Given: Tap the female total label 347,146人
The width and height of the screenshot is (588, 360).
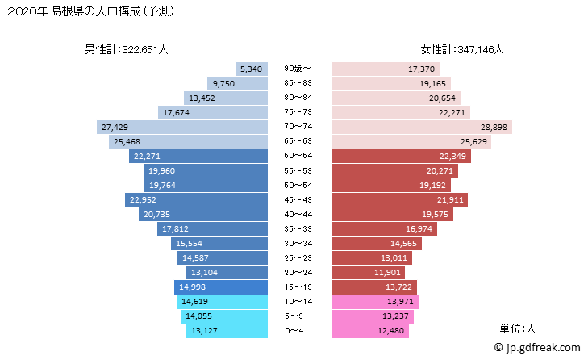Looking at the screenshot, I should pos(462,49).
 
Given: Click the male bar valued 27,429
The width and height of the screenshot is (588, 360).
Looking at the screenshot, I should pos(181,127).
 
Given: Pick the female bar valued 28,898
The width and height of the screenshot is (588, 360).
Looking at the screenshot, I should pos(420,127).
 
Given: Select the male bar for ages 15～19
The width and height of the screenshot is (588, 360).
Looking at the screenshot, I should pos(219,287).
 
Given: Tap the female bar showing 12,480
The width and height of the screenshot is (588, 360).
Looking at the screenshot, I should pos(369,331).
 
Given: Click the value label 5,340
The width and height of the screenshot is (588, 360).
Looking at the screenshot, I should pos(250,69).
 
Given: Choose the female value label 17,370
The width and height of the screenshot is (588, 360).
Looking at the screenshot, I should pos(422,69).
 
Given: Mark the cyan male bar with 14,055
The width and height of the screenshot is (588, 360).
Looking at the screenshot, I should pos(223,316).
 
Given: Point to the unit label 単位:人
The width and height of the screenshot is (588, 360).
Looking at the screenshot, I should pos(518,329).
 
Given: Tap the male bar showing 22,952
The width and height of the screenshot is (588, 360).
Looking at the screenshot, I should pos(196,199).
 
